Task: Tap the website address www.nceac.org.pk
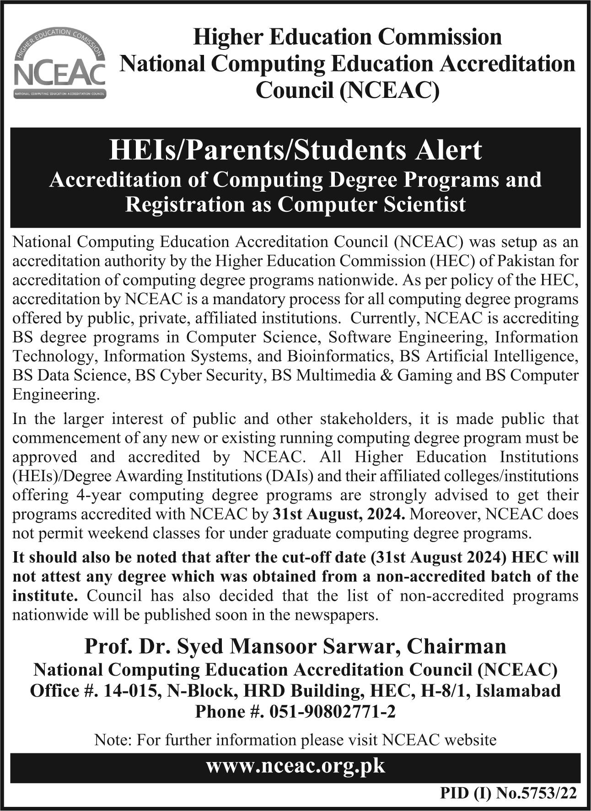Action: click(x=295, y=765)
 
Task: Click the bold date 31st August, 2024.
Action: click(x=338, y=514)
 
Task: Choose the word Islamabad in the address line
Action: click(x=518, y=690)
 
